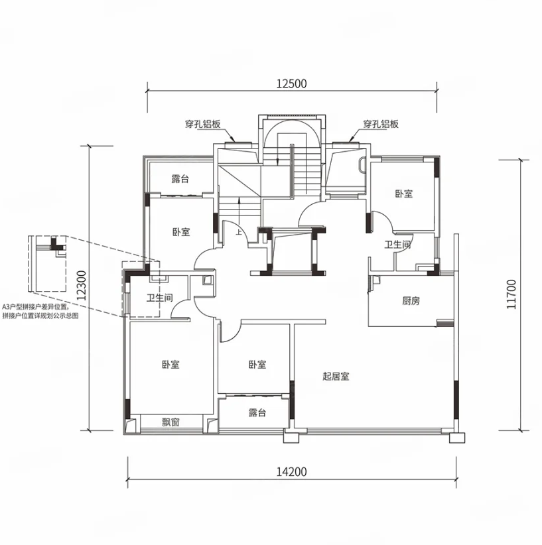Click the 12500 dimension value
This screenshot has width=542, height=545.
(x=291, y=84)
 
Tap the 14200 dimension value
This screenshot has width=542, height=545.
(x=291, y=471)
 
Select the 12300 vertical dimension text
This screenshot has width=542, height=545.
(x=82, y=285)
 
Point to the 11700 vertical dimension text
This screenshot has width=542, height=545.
(x=511, y=294)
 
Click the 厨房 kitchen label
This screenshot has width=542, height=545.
(x=411, y=300)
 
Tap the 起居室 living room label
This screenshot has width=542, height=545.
(x=336, y=376)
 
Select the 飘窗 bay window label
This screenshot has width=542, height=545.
(x=170, y=422)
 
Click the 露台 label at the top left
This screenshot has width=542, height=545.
(x=180, y=179)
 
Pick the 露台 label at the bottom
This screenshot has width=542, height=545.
(x=257, y=412)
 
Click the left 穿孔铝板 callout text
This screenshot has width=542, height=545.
(x=203, y=124)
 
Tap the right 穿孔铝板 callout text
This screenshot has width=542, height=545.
(x=381, y=124)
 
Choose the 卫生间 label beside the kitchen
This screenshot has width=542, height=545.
(x=397, y=245)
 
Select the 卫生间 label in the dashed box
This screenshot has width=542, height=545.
(x=159, y=298)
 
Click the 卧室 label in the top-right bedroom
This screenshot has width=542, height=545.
(x=403, y=194)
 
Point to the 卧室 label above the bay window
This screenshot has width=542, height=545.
(x=170, y=364)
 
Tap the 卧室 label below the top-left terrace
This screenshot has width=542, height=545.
(x=181, y=232)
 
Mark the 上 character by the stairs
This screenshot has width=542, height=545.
(x=239, y=232)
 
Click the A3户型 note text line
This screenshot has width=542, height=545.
(x=35, y=307)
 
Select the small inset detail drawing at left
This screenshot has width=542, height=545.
(x=47, y=263)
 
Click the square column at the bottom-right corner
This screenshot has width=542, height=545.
(x=457, y=438)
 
